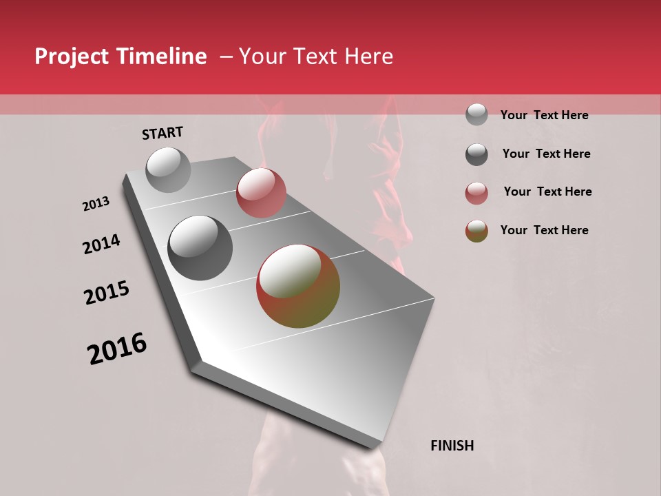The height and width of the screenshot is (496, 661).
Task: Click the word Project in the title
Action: pos(72,56)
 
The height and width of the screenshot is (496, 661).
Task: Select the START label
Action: pos(162,133)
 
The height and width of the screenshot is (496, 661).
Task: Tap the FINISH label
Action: pos(452,446)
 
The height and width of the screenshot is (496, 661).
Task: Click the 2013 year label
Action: pos(96,204)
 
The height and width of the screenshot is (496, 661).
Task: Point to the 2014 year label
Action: pos(101,244)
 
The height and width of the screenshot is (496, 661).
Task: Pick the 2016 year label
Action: pos(117,349)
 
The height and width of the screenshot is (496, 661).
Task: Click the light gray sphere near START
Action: pos(168,169)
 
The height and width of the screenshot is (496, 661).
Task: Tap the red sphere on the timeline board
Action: pos(261,193)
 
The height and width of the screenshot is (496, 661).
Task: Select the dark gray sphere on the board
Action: pos(200,248)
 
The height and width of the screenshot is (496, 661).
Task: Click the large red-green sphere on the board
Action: pos(298,286)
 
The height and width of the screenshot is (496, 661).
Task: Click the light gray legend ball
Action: pos(476,114)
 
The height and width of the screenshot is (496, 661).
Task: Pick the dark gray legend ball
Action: pos(476,154)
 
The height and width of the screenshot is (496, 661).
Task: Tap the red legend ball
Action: pos(476,193)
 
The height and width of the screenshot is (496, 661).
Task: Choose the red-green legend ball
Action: pos(476,231)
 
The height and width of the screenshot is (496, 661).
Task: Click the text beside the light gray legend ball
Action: pos(545,115)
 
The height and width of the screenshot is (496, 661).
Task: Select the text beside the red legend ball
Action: pos(547,192)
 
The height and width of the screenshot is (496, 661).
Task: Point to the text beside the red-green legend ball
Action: pos(545,230)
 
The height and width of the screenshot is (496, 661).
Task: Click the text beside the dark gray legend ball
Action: pos(547,154)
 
